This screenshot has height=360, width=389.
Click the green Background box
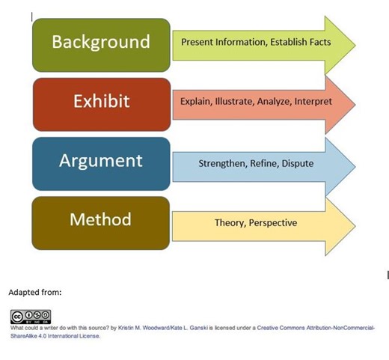point(101,42)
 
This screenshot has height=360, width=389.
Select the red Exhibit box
point(101,101)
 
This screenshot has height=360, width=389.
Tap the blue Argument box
point(101,162)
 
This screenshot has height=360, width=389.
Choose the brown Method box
point(101,220)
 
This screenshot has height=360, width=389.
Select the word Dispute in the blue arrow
point(298,163)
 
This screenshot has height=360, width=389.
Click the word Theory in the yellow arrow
point(229,223)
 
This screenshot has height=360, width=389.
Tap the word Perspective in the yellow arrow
point(273,223)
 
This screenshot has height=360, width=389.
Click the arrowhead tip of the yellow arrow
point(354,224)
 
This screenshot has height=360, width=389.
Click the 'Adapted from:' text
point(34,293)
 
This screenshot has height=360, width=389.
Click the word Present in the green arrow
point(197,43)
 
